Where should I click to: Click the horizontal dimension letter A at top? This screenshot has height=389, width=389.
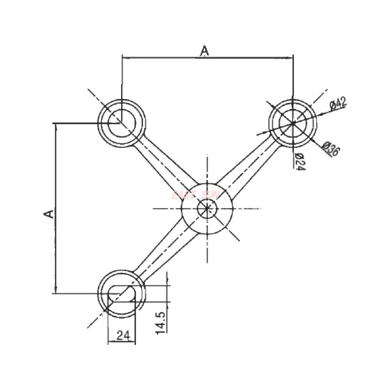[205, 50]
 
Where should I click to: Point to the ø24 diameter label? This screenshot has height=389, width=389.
[300, 161]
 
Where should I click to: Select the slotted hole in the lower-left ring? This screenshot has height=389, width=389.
[122, 292]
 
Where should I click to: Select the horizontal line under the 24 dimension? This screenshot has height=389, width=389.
[122, 342]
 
